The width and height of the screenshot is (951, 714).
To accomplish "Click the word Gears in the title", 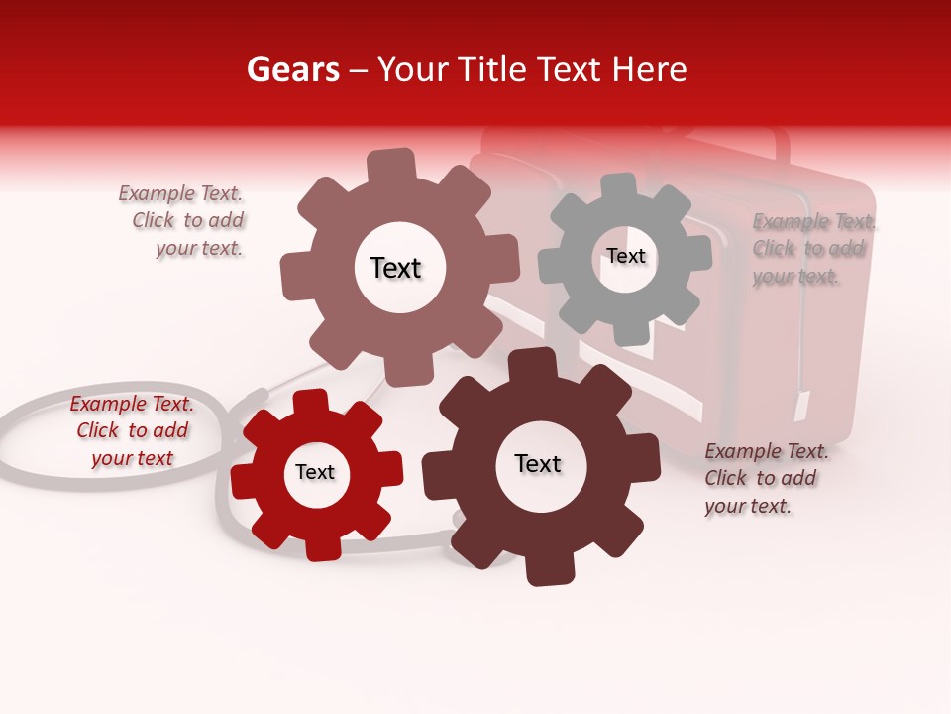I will point(292,69).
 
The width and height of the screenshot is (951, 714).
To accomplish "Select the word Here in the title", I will point(648,69).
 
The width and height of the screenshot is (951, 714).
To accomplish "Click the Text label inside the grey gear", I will point(625,256).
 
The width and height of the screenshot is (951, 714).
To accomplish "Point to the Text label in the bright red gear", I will point(315,472).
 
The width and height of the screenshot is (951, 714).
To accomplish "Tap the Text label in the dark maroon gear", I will point(538,463).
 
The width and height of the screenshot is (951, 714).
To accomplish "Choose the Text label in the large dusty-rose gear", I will point(395,268).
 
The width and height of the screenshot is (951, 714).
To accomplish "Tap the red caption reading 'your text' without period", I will point(132,458).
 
